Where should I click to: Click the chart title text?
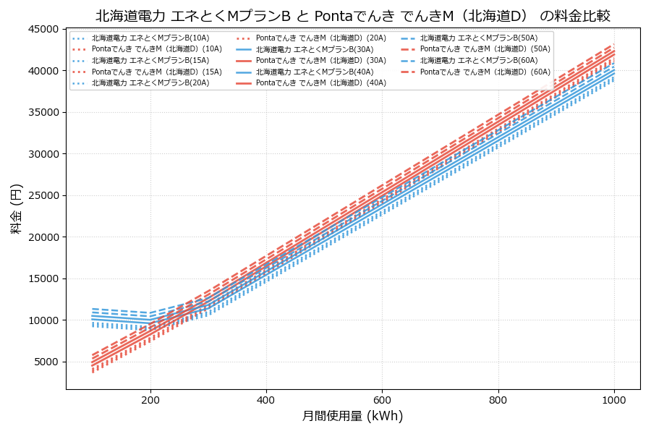pyautogui.click(x=352, y=16)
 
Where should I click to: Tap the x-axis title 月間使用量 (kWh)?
pyautogui.click(x=352, y=416)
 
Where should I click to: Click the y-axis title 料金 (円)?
pyautogui.click(x=16, y=208)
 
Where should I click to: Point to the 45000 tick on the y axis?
pyautogui.click(x=43, y=30)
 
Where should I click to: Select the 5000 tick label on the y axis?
pyautogui.click(x=46, y=362)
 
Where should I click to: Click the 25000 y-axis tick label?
pyautogui.click(x=43, y=196)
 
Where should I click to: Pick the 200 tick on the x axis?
pyautogui.click(x=150, y=399)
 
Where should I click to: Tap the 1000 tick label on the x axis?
pyautogui.click(x=614, y=399)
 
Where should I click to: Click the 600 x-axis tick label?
pyautogui.click(x=382, y=399)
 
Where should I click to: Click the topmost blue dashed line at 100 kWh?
pyautogui.click(x=93, y=308)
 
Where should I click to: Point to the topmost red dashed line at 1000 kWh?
pyautogui.click(x=614, y=45)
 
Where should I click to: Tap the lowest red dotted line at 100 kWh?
pyautogui.click(x=93, y=372)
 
